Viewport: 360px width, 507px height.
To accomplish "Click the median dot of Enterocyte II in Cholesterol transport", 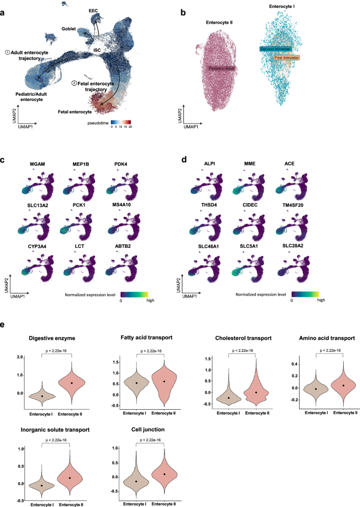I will coord(256,392).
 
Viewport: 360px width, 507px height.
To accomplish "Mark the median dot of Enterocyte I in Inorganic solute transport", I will coord(42,485).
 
